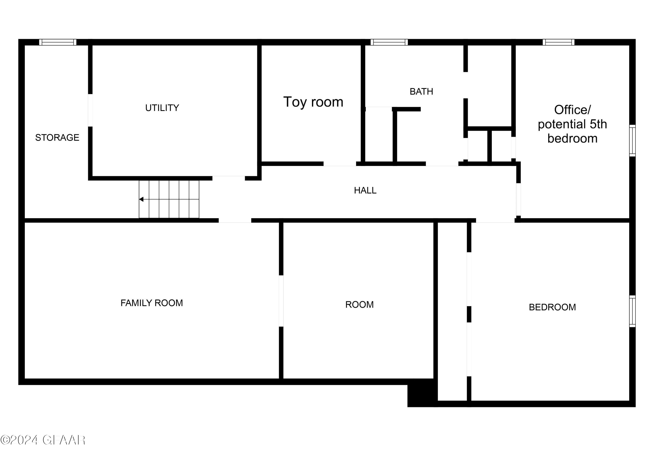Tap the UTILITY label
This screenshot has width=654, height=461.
tap(162, 108)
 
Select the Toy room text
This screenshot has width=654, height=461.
tap(313, 102)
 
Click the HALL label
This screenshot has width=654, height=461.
tap(365, 191)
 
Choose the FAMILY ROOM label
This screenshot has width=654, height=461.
tap(152, 303)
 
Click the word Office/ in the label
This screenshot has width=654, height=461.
tap(572, 110)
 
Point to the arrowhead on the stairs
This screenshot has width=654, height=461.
tap(141, 199)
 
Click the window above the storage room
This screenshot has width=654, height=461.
tap(58, 42)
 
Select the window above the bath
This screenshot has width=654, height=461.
tap(389, 42)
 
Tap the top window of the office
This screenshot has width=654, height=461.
tap(558, 42)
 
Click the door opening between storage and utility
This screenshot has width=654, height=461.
tap(90, 110)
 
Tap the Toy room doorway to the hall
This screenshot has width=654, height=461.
tap(339, 164)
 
